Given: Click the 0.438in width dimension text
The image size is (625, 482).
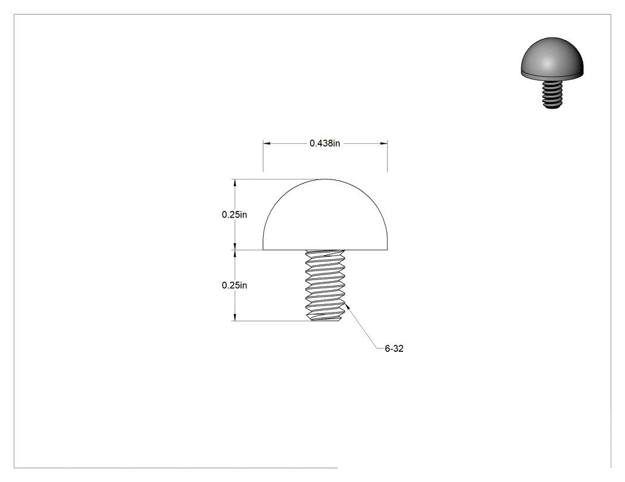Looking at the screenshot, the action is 325,143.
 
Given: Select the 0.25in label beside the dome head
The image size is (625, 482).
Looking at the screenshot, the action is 235,215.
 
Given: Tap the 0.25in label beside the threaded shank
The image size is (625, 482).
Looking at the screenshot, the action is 235,285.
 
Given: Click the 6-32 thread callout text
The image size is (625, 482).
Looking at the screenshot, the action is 394,349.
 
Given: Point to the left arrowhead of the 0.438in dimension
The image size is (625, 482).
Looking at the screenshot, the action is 267,143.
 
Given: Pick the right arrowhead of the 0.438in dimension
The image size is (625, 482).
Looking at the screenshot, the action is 383,143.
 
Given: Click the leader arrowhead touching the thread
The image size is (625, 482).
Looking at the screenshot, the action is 348,306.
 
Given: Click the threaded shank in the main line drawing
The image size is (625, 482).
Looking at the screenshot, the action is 325,285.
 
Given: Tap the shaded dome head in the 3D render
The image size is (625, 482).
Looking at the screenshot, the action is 552,58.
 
